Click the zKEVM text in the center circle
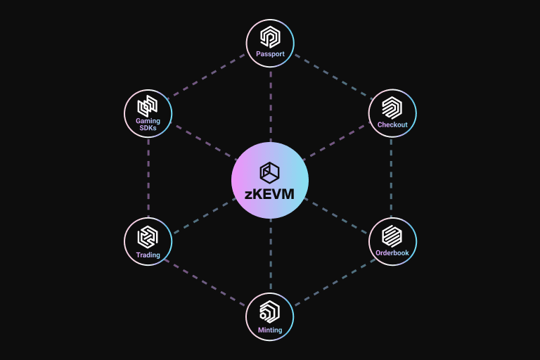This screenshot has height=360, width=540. pyautogui.click(x=270, y=194)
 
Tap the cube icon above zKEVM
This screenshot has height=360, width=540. pyautogui.click(x=270, y=171)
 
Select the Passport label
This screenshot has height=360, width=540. pyautogui.click(x=270, y=54)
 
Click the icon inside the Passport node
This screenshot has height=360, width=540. pyautogui.click(x=270, y=37)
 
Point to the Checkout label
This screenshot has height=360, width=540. pyautogui.click(x=392, y=124)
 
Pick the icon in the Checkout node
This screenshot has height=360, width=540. pyautogui.click(x=392, y=108)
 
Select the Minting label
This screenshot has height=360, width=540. pyautogui.click(x=270, y=330)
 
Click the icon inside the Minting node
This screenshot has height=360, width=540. pyautogui.click(x=270, y=311)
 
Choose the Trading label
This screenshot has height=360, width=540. pyautogui.click(x=148, y=255)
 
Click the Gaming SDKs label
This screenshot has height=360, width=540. pyautogui.click(x=148, y=124)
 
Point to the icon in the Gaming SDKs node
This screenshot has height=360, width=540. pyautogui.click(x=148, y=105)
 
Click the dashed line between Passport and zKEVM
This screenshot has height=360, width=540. pyautogui.click(x=270, y=105)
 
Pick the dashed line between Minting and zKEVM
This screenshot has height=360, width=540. pyautogui.click(x=270, y=257)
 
